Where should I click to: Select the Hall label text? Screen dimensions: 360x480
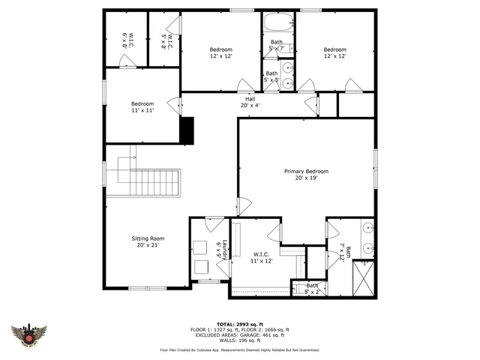249,103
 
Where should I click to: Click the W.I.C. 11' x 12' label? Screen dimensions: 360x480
262,258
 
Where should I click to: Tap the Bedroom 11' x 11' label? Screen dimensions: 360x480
142,107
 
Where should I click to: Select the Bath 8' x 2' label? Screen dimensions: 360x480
312,288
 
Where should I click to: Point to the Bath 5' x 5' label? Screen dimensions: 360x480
271,76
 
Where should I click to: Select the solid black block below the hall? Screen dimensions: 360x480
186,130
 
